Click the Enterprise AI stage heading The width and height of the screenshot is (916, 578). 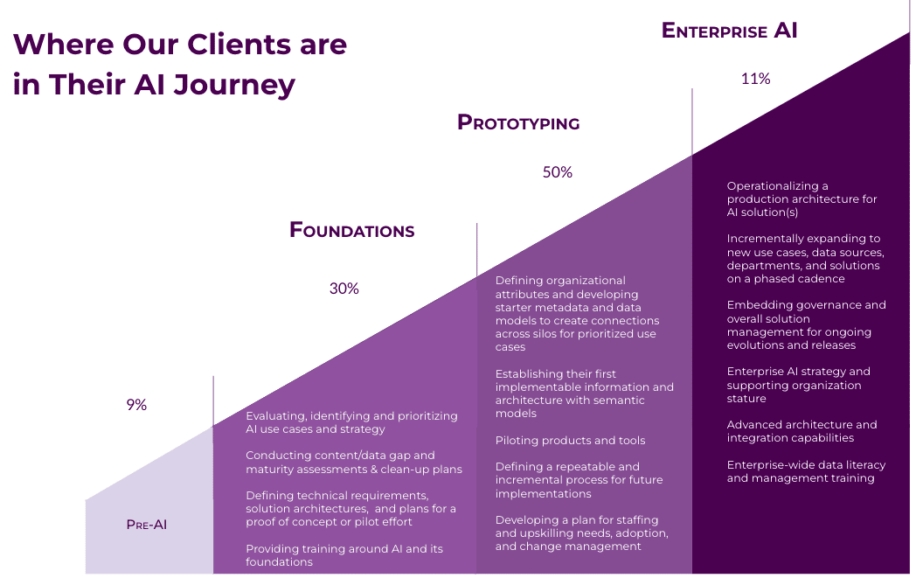(x=729, y=31)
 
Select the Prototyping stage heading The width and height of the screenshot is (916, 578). (x=518, y=122)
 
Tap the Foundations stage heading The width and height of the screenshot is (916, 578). (x=351, y=230)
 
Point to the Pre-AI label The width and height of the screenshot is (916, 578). (x=147, y=525)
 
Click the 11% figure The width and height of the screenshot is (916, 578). (x=755, y=79)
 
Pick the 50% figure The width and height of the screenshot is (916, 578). (x=558, y=171)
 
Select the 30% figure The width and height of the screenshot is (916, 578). (x=344, y=288)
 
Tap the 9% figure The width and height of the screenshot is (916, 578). (x=136, y=404)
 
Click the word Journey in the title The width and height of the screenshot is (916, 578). (x=234, y=84)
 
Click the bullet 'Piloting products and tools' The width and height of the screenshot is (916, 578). (x=570, y=440)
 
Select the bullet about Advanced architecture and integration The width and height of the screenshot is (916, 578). (x=802, y=431)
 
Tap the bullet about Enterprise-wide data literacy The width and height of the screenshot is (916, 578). (x=806, y=471)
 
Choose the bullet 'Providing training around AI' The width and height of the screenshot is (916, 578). (x=344, y=555)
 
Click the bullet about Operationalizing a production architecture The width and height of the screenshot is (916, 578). (x=802, y=198)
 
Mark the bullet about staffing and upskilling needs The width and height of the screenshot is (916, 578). (x=582, y=533)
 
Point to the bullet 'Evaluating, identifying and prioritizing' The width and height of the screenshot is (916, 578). (x=351, y=422)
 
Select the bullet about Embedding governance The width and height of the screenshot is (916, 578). (x=806, y=325)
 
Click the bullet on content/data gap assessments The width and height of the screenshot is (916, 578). (x=354, y=462)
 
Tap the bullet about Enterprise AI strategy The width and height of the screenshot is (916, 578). (x=799, y=385)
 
